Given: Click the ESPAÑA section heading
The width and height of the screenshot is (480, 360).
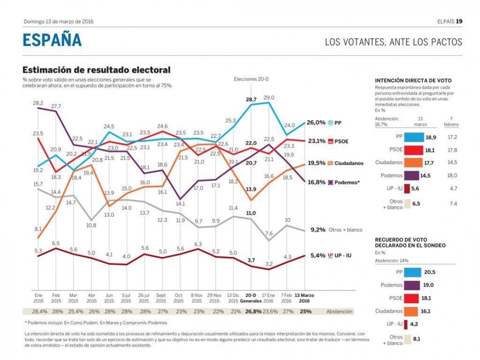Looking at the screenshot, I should [52, 41].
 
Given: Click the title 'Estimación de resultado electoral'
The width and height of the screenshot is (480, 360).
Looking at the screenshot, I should [97, 70].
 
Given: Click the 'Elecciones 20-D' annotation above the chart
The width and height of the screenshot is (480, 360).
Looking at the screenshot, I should [252, 79].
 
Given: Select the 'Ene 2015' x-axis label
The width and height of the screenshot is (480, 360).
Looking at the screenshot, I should [38, 298].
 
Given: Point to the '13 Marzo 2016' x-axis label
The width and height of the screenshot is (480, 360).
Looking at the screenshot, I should [305, 298].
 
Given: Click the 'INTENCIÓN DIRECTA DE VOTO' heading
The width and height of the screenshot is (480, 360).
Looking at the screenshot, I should [413, 80].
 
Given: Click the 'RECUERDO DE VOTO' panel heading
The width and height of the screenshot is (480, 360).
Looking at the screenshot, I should [410, 242].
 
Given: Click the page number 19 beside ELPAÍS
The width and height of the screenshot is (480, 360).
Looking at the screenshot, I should [459, 21].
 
